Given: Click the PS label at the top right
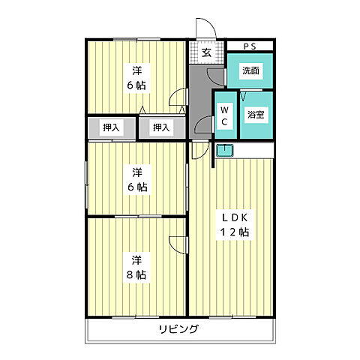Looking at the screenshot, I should [249, 46].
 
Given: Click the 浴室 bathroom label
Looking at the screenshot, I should [255, 115].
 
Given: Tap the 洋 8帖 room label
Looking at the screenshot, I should [136, 267].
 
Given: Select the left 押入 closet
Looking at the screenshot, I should [111, 127].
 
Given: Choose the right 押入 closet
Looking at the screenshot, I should [161, 127].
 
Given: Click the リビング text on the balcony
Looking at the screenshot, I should [178, 329].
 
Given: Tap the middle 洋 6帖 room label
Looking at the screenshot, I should [136, 178].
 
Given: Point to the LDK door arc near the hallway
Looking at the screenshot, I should [196, 150].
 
